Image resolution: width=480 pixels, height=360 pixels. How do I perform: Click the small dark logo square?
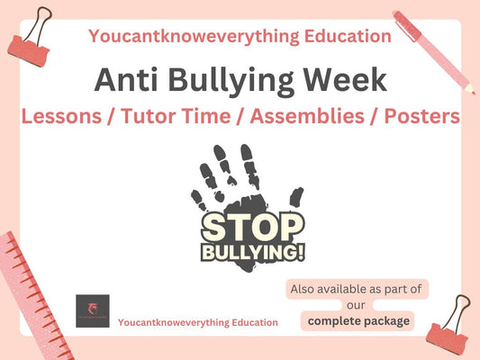(94, 311)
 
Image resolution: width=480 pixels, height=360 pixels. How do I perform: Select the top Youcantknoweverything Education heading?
(240, 36)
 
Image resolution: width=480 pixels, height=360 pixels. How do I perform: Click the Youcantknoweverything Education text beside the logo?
(198, 321)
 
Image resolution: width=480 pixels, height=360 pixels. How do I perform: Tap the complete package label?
(358, 320)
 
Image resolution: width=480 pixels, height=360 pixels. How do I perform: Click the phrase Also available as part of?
(358, 290)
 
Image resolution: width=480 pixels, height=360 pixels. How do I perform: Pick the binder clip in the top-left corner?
(28, 30)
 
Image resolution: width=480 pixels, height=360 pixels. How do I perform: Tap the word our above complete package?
(358, 304)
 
